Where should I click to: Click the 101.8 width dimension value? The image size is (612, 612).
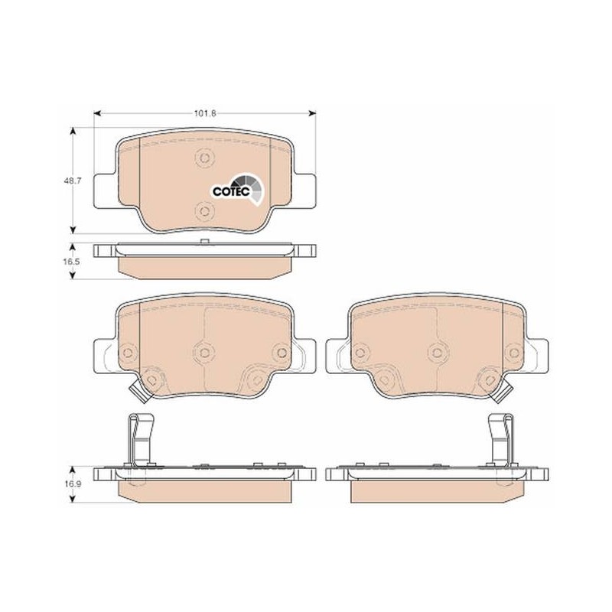point(205,113)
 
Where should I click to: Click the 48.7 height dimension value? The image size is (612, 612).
point(73,181)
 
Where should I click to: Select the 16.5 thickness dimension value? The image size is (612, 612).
point(72,262)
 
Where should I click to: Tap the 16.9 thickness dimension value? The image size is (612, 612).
point(72,484)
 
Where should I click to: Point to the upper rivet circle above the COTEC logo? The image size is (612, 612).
point(204,158)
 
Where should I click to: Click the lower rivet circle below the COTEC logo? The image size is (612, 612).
point(204,211)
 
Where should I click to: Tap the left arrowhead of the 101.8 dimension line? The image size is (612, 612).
point(98,113)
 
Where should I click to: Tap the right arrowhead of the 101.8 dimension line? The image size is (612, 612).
point(312,113)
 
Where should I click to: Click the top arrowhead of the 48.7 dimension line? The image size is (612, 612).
point(72,131)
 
